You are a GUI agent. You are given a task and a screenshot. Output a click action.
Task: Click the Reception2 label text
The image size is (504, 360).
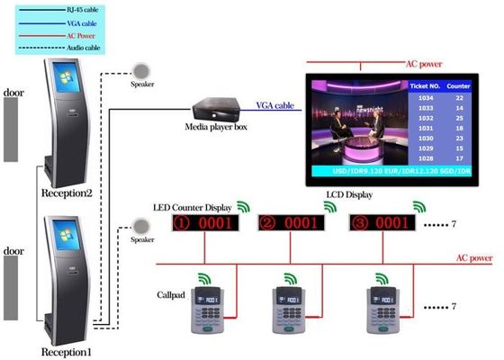point(67,193)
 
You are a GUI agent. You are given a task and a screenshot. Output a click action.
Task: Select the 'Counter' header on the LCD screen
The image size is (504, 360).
point(458,84)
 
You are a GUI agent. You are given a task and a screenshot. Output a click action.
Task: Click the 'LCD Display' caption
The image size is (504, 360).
point(346,193)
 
